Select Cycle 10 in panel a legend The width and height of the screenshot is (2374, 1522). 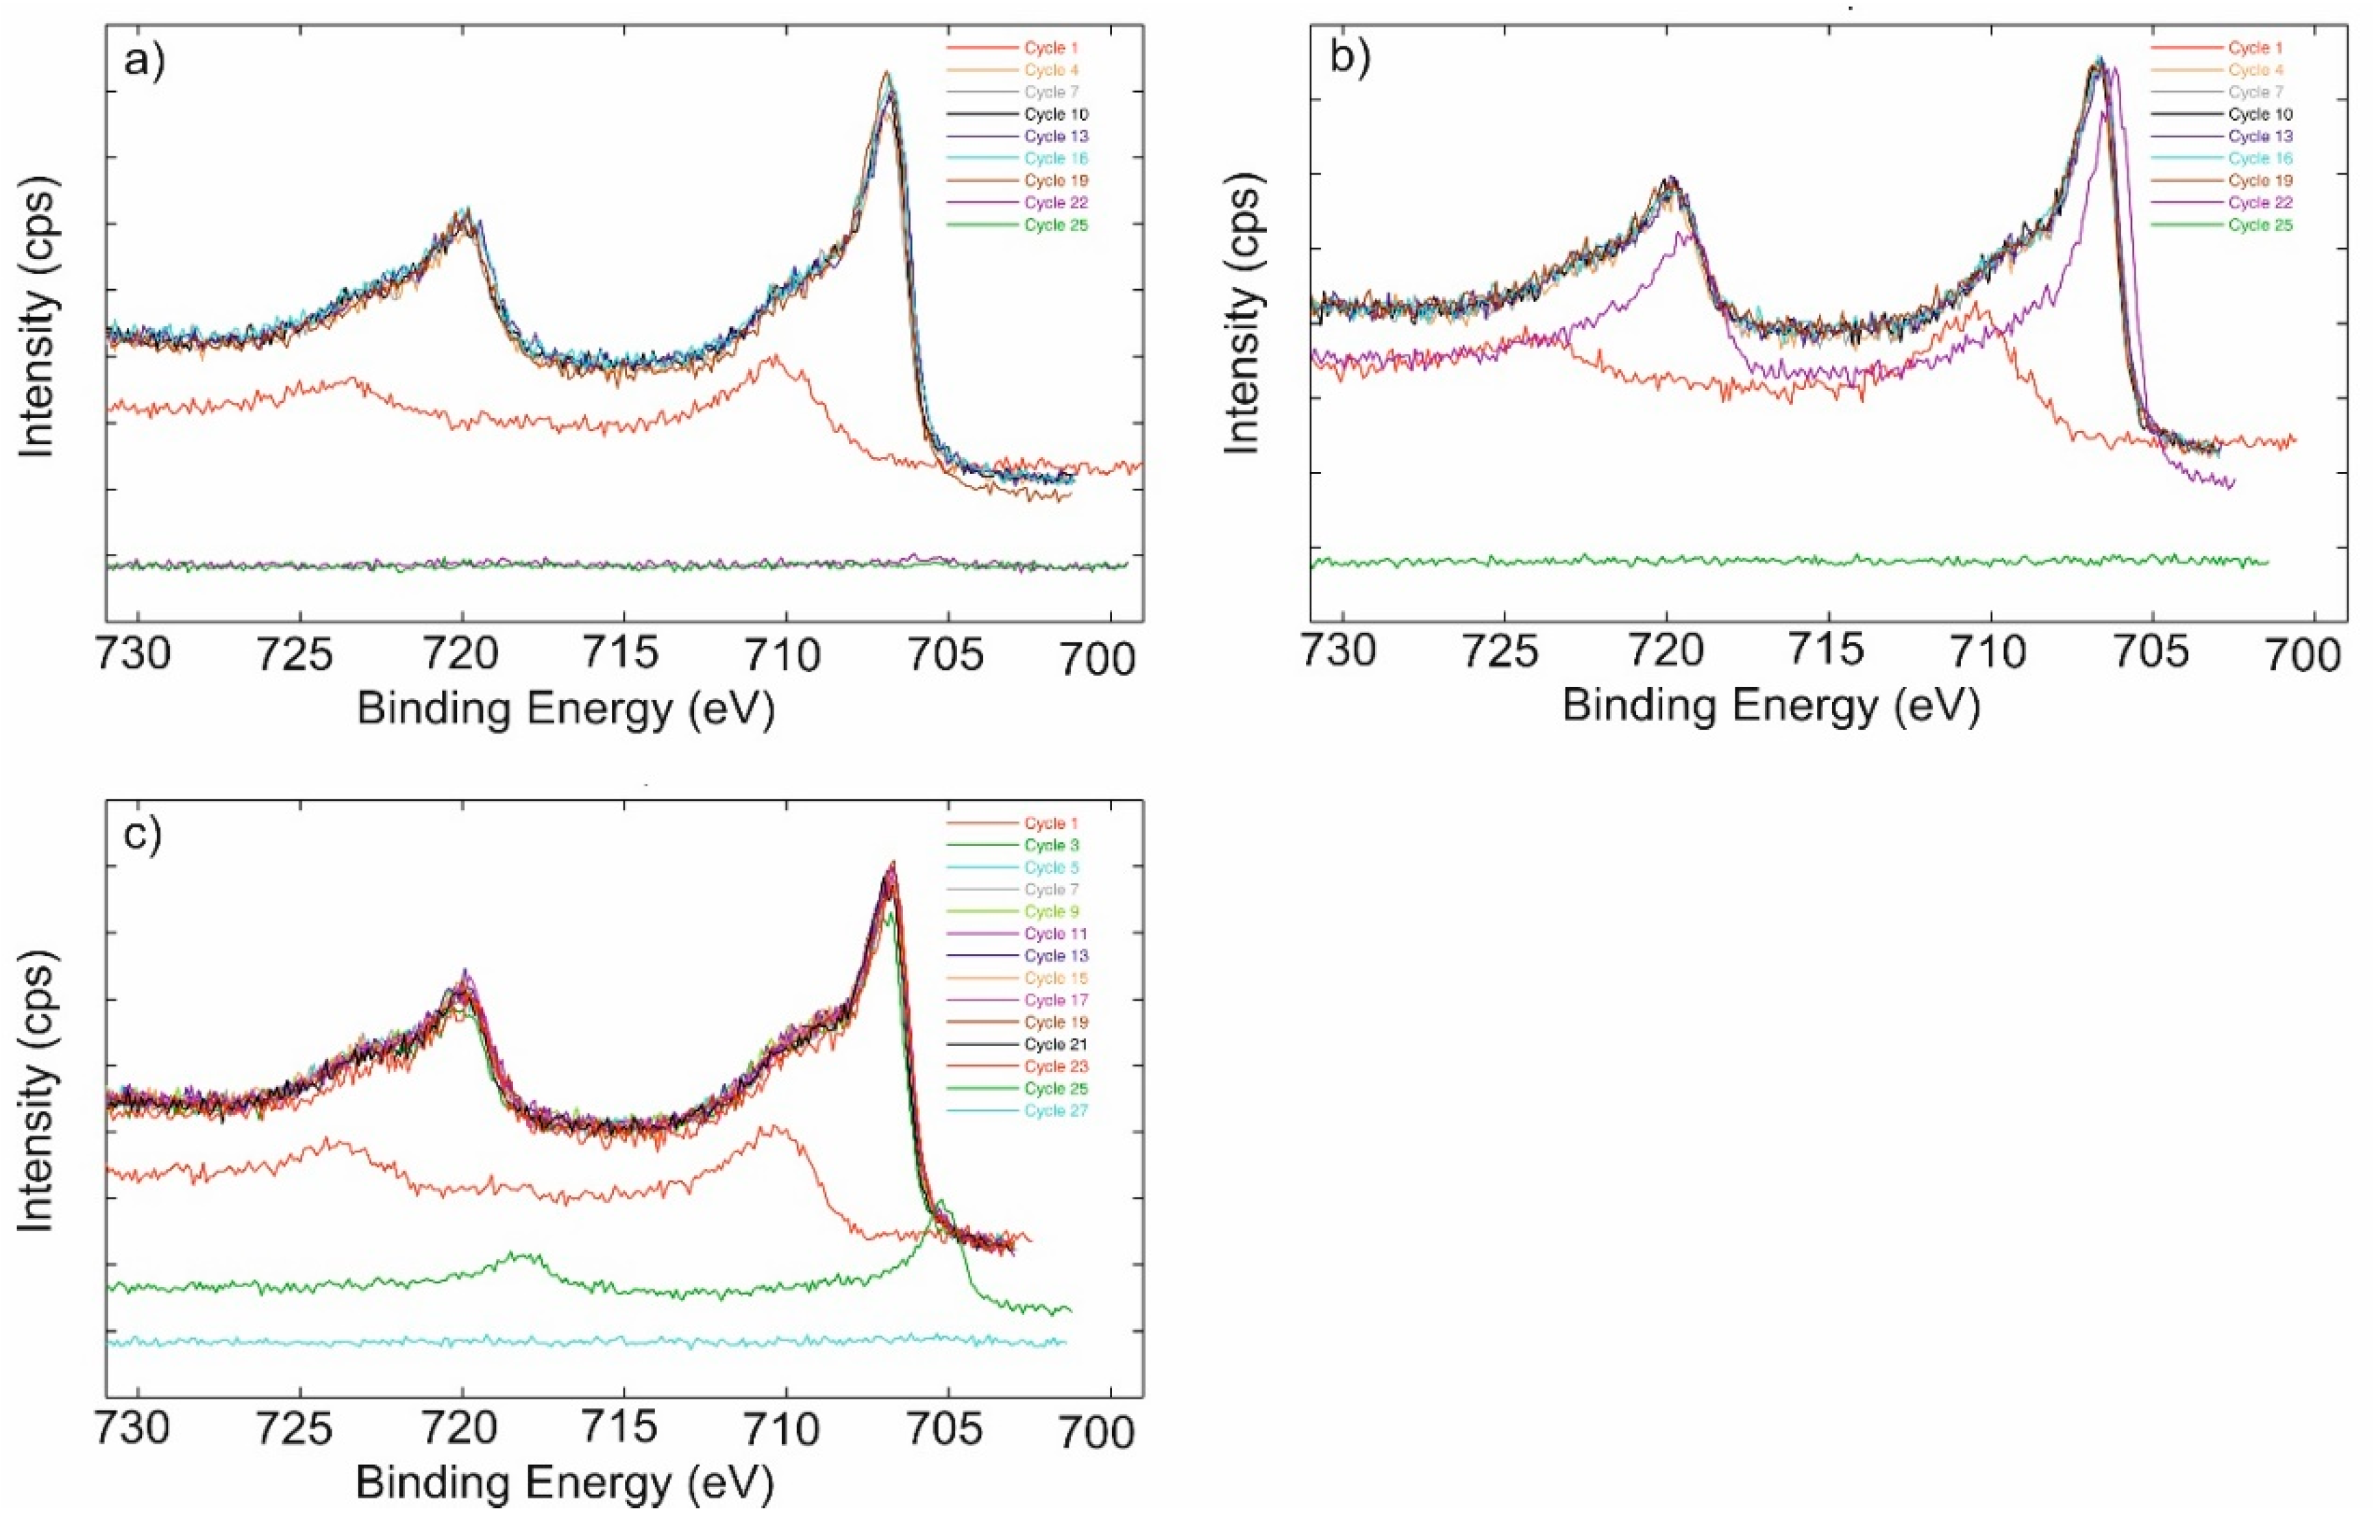tap(1056, 114)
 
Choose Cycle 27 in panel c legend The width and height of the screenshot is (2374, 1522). tap(1056, 1111)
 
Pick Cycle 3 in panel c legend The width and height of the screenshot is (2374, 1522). tap(1052, 845)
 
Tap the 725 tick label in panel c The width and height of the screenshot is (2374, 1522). tap(301, 1430)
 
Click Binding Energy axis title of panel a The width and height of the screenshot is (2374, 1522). tap(565, 710)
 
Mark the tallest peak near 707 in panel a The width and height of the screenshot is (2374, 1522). tap(887, 73)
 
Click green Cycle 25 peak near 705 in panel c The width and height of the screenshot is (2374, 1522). tap(941, 1202)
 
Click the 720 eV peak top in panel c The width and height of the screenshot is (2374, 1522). tap(465, 971)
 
